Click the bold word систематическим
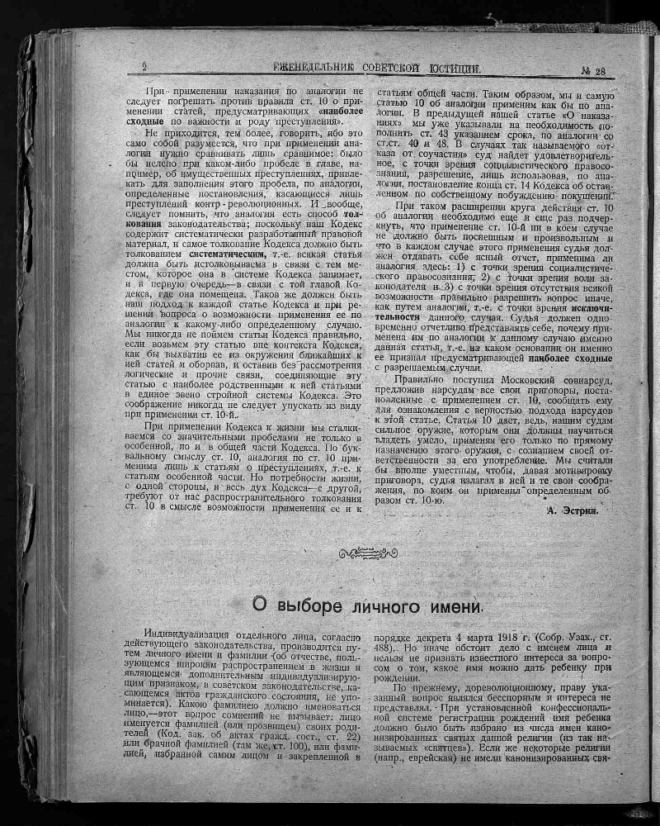point(236,255)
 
